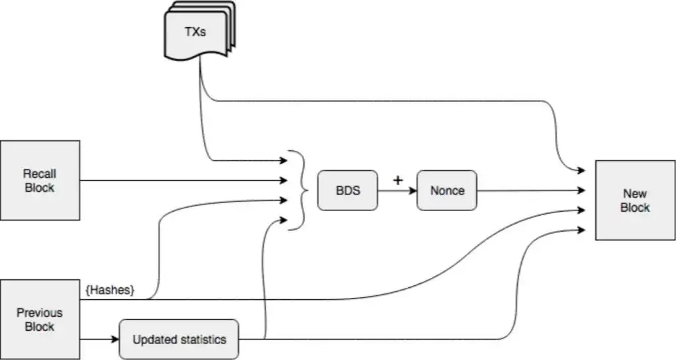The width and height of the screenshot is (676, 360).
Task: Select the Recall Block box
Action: (40, 180)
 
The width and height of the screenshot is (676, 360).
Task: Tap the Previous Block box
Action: (40, 320)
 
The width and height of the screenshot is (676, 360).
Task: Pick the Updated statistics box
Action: (179, 339)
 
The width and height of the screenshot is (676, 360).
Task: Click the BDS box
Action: (348, 191)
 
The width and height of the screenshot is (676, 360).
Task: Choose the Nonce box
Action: (447, 191)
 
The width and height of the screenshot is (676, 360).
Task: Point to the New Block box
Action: (635, 200)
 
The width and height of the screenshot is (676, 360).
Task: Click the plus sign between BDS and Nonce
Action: (397, 179)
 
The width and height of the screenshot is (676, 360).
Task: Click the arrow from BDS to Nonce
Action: (397, 191)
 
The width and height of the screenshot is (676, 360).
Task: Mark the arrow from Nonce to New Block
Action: (530, 191)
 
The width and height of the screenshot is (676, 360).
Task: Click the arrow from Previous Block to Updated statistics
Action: (99, 339)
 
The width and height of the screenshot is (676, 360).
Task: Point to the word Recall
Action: (40, 173)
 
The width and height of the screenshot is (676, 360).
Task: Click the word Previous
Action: (40, 312)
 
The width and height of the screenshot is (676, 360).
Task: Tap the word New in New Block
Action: (635, 193)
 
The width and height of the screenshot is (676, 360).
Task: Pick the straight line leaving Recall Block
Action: (179, 180)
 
